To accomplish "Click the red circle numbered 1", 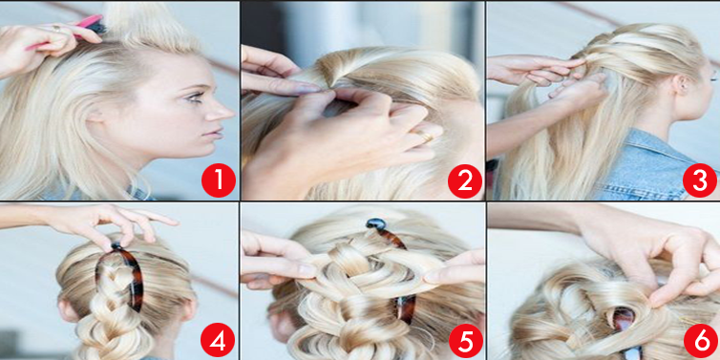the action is [219, 180].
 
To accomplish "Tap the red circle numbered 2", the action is [465, 180].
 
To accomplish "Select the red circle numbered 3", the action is [700, 180].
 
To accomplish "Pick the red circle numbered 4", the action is [218, 340].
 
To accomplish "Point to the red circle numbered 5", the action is [466, 340].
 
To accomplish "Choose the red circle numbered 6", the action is [701, 341].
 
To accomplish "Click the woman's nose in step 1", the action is [223, 111].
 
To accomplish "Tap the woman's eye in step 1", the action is [196, 96].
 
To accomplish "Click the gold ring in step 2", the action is [426, 137].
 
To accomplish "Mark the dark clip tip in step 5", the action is [376, 224].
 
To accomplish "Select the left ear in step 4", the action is [68, 309].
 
